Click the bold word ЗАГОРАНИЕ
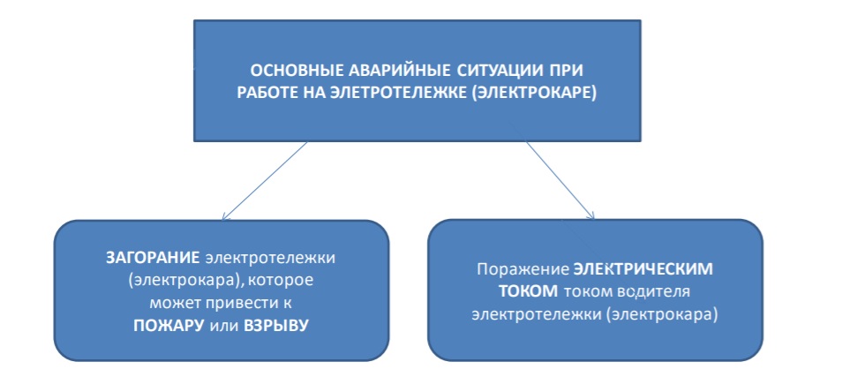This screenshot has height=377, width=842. pos(153,258)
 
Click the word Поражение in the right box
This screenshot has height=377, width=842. pos(519,269)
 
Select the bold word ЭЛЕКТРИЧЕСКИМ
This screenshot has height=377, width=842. pos(640,269)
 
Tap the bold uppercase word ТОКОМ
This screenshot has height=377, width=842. pos(529,291)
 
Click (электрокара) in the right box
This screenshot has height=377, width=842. pos(662,314)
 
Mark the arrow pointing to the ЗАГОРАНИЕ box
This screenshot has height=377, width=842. pos(264,181)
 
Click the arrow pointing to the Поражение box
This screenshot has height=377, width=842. pos(560,180)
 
